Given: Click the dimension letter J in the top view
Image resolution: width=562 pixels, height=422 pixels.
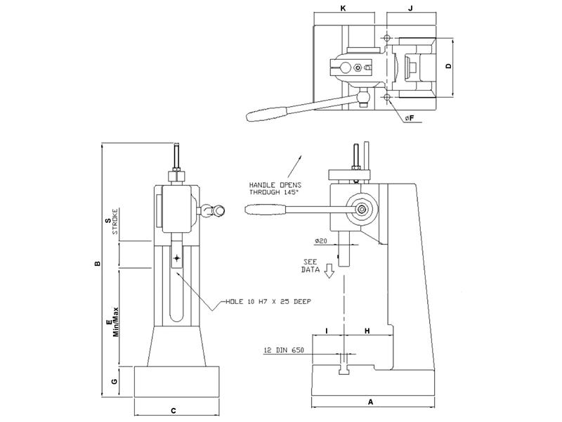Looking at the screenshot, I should pos(409,8).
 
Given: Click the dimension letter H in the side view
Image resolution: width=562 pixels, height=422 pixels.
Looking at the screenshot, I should pos(367,330).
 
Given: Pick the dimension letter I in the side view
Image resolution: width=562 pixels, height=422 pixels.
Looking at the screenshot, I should pos(327,330).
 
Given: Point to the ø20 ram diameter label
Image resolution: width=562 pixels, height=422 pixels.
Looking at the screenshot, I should pos(322,241).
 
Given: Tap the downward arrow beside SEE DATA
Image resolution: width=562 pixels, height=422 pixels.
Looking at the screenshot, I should pos(328,273).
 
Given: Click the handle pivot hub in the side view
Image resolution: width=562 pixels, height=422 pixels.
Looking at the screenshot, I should pos(362,209).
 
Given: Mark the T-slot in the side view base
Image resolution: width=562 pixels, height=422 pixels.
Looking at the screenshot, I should pos(344,367).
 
